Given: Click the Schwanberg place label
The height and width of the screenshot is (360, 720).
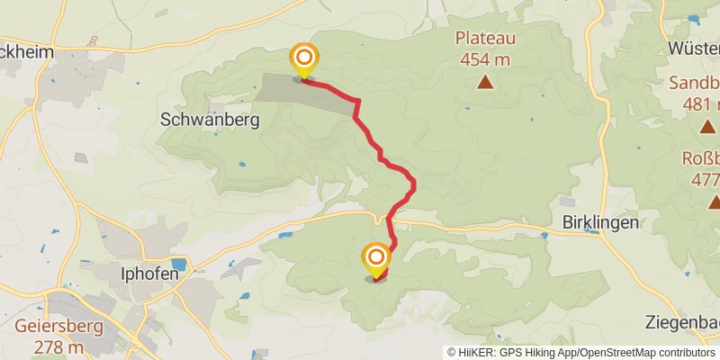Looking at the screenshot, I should (x=209, y=119).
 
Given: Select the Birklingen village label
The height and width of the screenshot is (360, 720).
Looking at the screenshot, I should (x=600, y=221).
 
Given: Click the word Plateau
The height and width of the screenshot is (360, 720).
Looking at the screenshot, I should (x=485, y=39).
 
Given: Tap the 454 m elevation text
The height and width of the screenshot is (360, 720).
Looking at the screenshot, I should (x=485, y=59).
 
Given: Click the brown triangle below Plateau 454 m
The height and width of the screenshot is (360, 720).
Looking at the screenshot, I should (x=485, y=83).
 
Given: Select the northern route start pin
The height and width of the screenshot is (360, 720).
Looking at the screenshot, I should (x=302, y=60).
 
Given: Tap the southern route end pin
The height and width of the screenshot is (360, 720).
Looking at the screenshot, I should (x=376, y=260).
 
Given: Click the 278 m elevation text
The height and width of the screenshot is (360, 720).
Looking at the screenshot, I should (x=57, y=347).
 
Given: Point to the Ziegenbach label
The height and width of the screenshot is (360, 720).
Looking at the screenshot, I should (x=683, y=322).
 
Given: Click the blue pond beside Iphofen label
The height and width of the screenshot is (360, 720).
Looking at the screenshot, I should (x=177, y=265).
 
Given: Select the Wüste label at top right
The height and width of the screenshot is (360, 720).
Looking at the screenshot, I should (x=694, y=48).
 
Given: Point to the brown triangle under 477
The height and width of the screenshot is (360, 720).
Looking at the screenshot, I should (x=714, y=202).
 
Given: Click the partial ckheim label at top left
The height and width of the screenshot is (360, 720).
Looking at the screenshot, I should (x=27, y=53).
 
